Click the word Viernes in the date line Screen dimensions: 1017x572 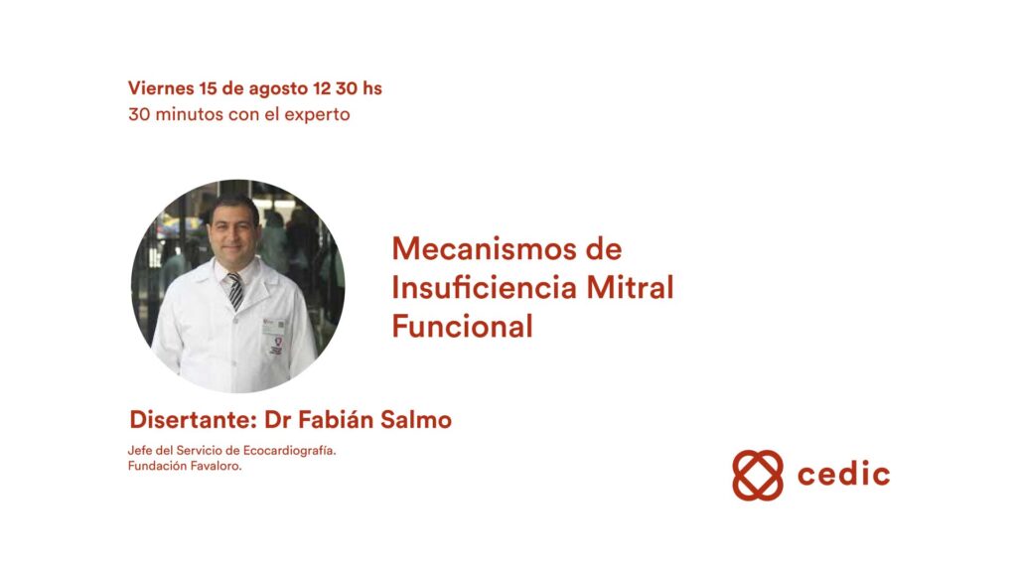click(x=161, y=88)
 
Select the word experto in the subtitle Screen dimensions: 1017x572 click(x=317, y=115)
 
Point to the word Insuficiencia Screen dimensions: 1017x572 click(x=485, y=287)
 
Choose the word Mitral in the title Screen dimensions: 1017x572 click(x=630, y=287)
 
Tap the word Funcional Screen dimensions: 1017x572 click(x=462, y=326)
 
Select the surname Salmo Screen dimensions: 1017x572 click(x=416, y=420)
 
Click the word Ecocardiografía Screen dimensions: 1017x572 click(x=289, y=451)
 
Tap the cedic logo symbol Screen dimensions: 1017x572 click(x=758, y=476)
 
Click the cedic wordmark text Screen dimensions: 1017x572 click(x=843, y=474)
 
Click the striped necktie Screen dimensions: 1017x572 click(x=234, y=291)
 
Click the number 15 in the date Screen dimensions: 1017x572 click(x=209, y=88)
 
